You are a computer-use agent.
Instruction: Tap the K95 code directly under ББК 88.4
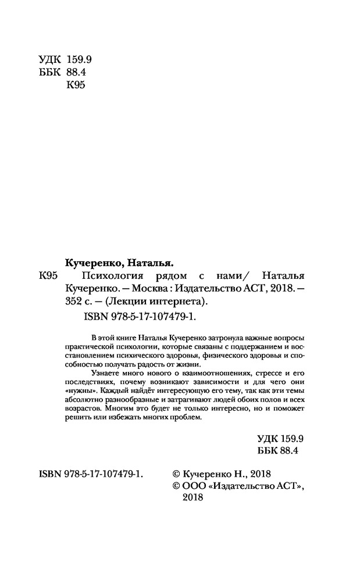click(x=77, y=86)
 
